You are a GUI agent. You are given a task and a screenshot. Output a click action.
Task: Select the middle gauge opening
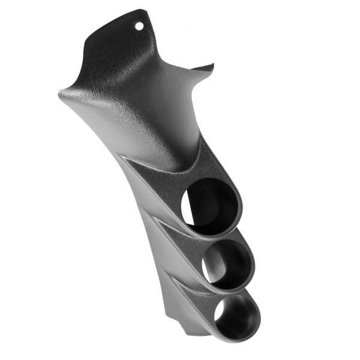pos(228,263)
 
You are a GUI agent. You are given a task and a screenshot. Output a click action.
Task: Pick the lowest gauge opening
pos(238,313)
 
